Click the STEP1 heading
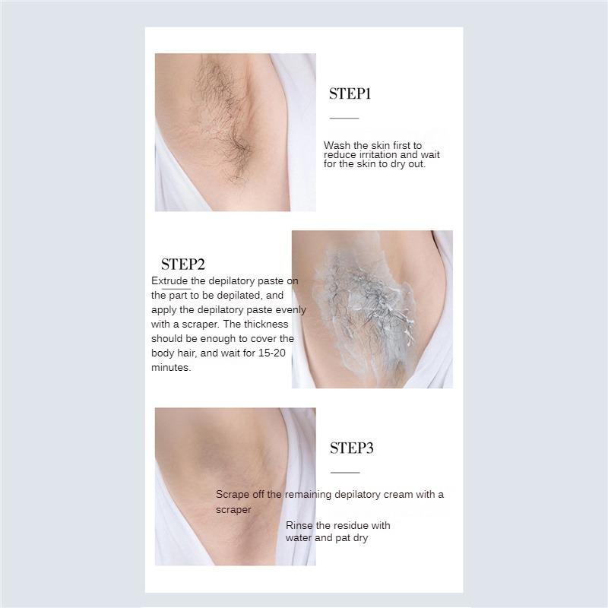click(x=350, y=94)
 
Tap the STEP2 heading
click(x=183, y=264)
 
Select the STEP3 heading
click(x=352, y=448)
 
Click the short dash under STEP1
click(x=344, y=119)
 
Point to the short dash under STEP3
click(x=344, y=473)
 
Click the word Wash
click(x=337, y=145)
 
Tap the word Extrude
click(x=169, y=281)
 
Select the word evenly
click(x=290, y=310)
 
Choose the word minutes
click(x=171, y=368)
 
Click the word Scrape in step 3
click(x=233, y=495)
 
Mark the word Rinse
click(x=299, y=525)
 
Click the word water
click(x=299, y=538)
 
